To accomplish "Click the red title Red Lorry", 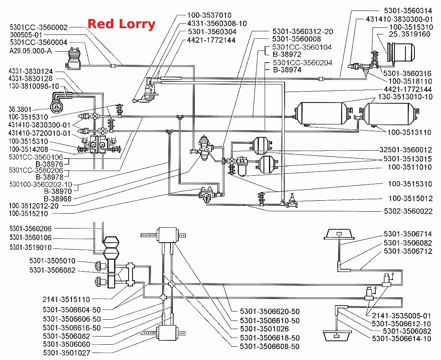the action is pos(121,24).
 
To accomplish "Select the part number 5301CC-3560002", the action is pos(39,27).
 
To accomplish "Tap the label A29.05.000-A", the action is pos(30,51).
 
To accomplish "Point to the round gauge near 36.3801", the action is pos(57,106).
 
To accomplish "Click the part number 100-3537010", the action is pos(209,15).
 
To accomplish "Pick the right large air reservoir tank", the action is pos(388,113).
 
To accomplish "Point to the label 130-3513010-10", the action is pos(405,97).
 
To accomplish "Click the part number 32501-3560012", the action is pos(405,150).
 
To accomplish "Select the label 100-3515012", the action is pos(411,198).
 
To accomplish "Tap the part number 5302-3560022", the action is pos(408,211).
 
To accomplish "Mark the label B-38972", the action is pos(287,54).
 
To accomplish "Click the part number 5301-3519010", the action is pos(30,247).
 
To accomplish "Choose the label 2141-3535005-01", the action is pos(402,316).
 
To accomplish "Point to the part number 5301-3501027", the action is pos(66,353).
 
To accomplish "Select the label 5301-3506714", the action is pos(408,234).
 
